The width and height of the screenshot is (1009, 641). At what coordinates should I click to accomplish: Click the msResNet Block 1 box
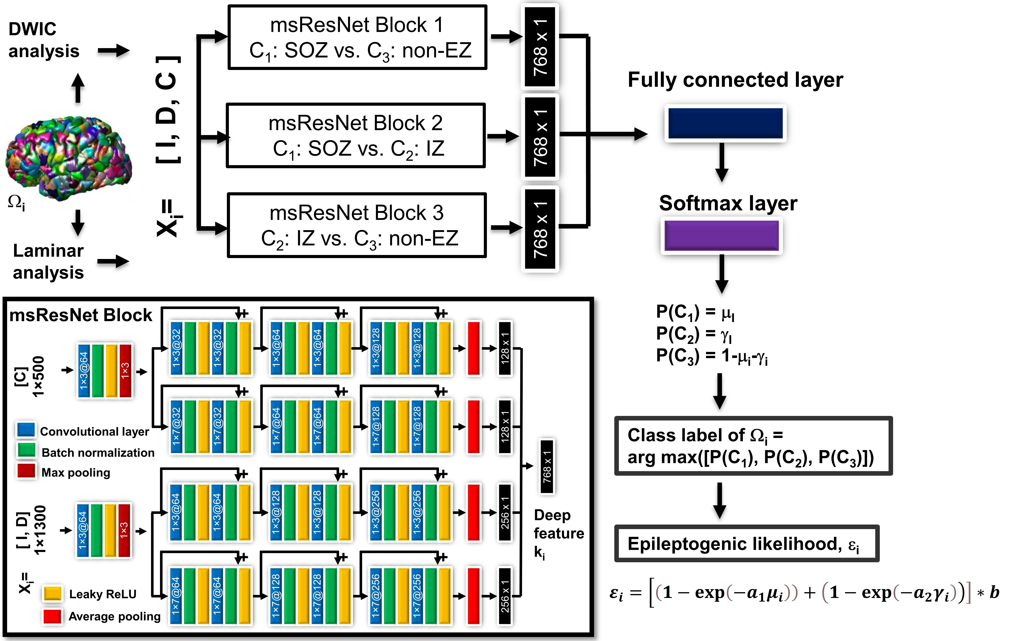[x=357, y=37]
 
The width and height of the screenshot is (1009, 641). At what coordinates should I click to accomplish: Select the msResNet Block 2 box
[x=355, y=135]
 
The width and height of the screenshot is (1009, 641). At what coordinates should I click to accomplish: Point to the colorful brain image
[x=68, y=157]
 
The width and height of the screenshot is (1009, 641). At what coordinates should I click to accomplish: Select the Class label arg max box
[x=753, y=446]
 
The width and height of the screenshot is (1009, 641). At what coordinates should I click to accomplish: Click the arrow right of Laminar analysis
[x=113, y=261]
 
